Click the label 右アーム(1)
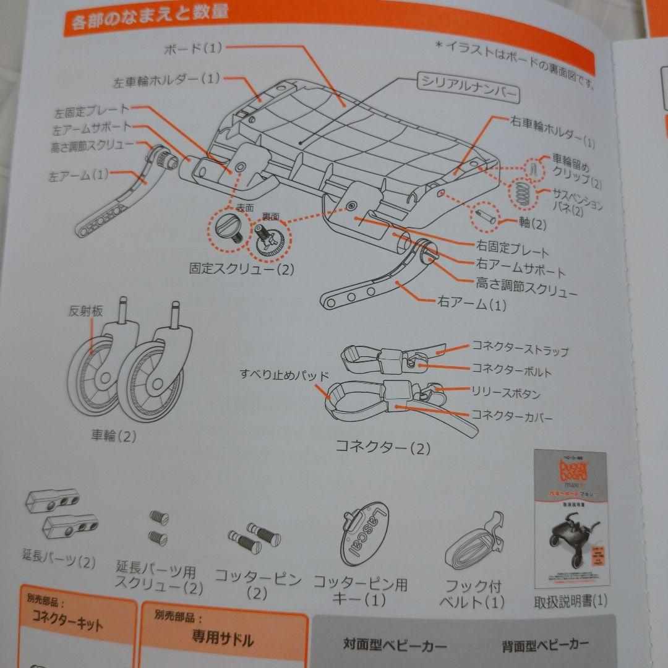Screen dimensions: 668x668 pos(471,303)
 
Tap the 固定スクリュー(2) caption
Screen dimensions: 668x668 pos(242,269)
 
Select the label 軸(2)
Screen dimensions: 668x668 pos(532,223)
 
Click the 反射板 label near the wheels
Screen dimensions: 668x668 pos(85,311)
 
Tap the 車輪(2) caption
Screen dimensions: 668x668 pos(113,435)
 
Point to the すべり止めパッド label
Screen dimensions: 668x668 pos(285,374)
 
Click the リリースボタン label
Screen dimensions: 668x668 pos(505,393)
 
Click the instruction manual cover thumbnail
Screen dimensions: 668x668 pos(570,520)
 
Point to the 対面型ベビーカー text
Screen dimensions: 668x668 pos(395,646)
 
